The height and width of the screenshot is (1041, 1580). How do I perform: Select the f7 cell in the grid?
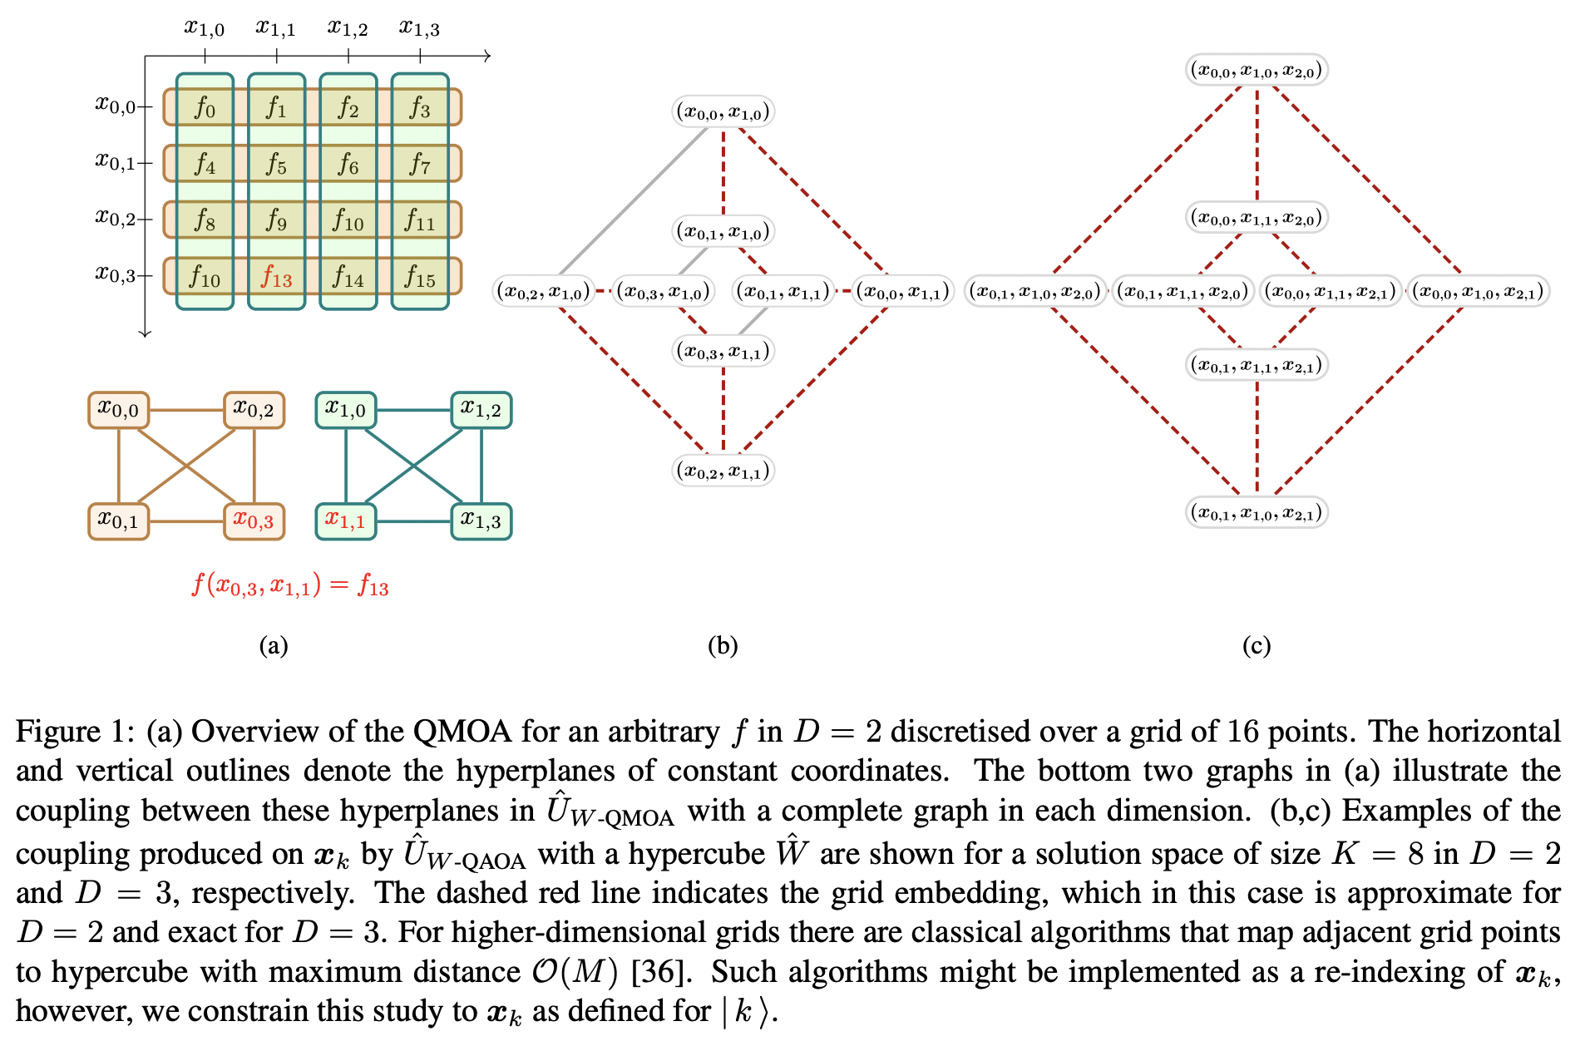420,164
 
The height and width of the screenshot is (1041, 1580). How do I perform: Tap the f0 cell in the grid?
205,107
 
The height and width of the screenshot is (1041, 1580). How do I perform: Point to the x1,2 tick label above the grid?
348,28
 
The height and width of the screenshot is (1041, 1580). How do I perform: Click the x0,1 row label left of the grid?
115,161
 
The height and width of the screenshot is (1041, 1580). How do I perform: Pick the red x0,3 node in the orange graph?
254,521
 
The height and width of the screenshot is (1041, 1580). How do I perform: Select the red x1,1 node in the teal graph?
346,521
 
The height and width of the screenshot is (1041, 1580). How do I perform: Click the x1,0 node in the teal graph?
346,410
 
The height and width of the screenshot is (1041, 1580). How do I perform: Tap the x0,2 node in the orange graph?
254,410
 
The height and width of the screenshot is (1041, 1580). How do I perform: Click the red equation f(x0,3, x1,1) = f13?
290,586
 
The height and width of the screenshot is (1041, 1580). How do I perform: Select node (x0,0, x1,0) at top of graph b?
723,111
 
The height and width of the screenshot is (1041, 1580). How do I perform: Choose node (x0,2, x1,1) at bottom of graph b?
723,471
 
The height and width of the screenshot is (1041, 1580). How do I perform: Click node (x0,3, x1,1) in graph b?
723,352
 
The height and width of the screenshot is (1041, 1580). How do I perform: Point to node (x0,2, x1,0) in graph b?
543,291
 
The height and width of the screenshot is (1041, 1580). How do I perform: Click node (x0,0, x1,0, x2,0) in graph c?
1256,70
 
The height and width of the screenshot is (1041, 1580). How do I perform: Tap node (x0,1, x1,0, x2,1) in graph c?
1256,512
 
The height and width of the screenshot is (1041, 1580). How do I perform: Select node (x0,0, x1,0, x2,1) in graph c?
1478,291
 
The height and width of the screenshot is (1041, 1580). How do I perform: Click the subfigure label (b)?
722,646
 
